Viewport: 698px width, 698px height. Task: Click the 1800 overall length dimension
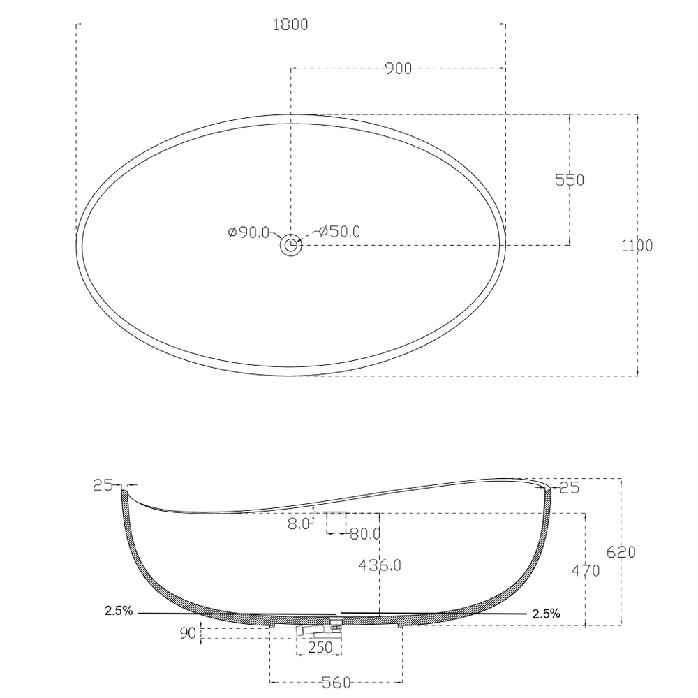point(290,24)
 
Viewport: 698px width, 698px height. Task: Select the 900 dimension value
point(399,68)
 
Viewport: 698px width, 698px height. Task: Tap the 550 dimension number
point(570,180)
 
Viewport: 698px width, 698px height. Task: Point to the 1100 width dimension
point(637,245)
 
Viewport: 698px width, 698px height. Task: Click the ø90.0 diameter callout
point(248,232)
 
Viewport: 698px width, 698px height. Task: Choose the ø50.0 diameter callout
point(340,232)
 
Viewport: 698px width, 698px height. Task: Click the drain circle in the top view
point(290,245)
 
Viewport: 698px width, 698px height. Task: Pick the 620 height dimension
point(621,552)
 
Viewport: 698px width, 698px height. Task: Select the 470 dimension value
point(586,570)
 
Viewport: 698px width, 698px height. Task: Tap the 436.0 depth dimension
point(380,565)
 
